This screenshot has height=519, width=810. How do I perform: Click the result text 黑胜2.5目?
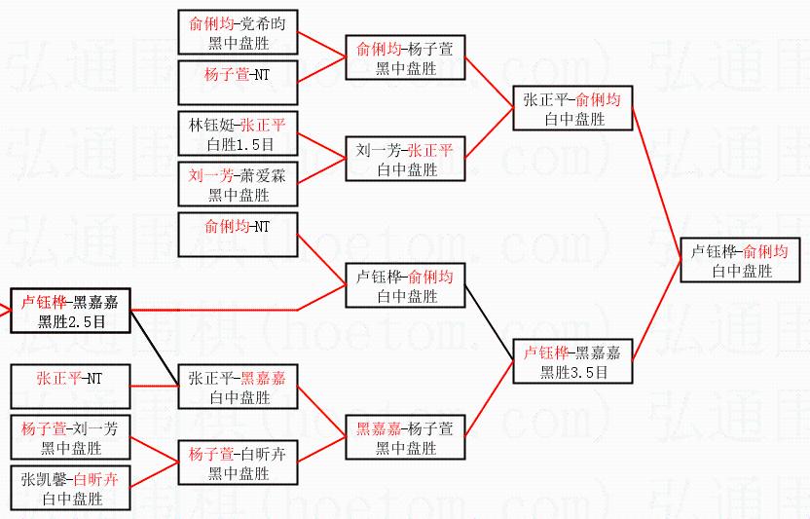pos(70,318)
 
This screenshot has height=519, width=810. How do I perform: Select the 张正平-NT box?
pos(70,386)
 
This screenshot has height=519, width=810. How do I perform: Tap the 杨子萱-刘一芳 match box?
pos(70,437)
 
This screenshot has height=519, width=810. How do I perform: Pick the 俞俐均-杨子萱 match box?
pos(405,57)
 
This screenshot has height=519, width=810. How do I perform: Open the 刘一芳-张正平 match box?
pos(405,160)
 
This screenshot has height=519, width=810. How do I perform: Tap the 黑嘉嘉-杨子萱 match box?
pos(405,438)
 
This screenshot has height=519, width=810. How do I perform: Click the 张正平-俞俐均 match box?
pos(572,108)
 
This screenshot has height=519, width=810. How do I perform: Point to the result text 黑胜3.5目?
pos(572,372)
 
